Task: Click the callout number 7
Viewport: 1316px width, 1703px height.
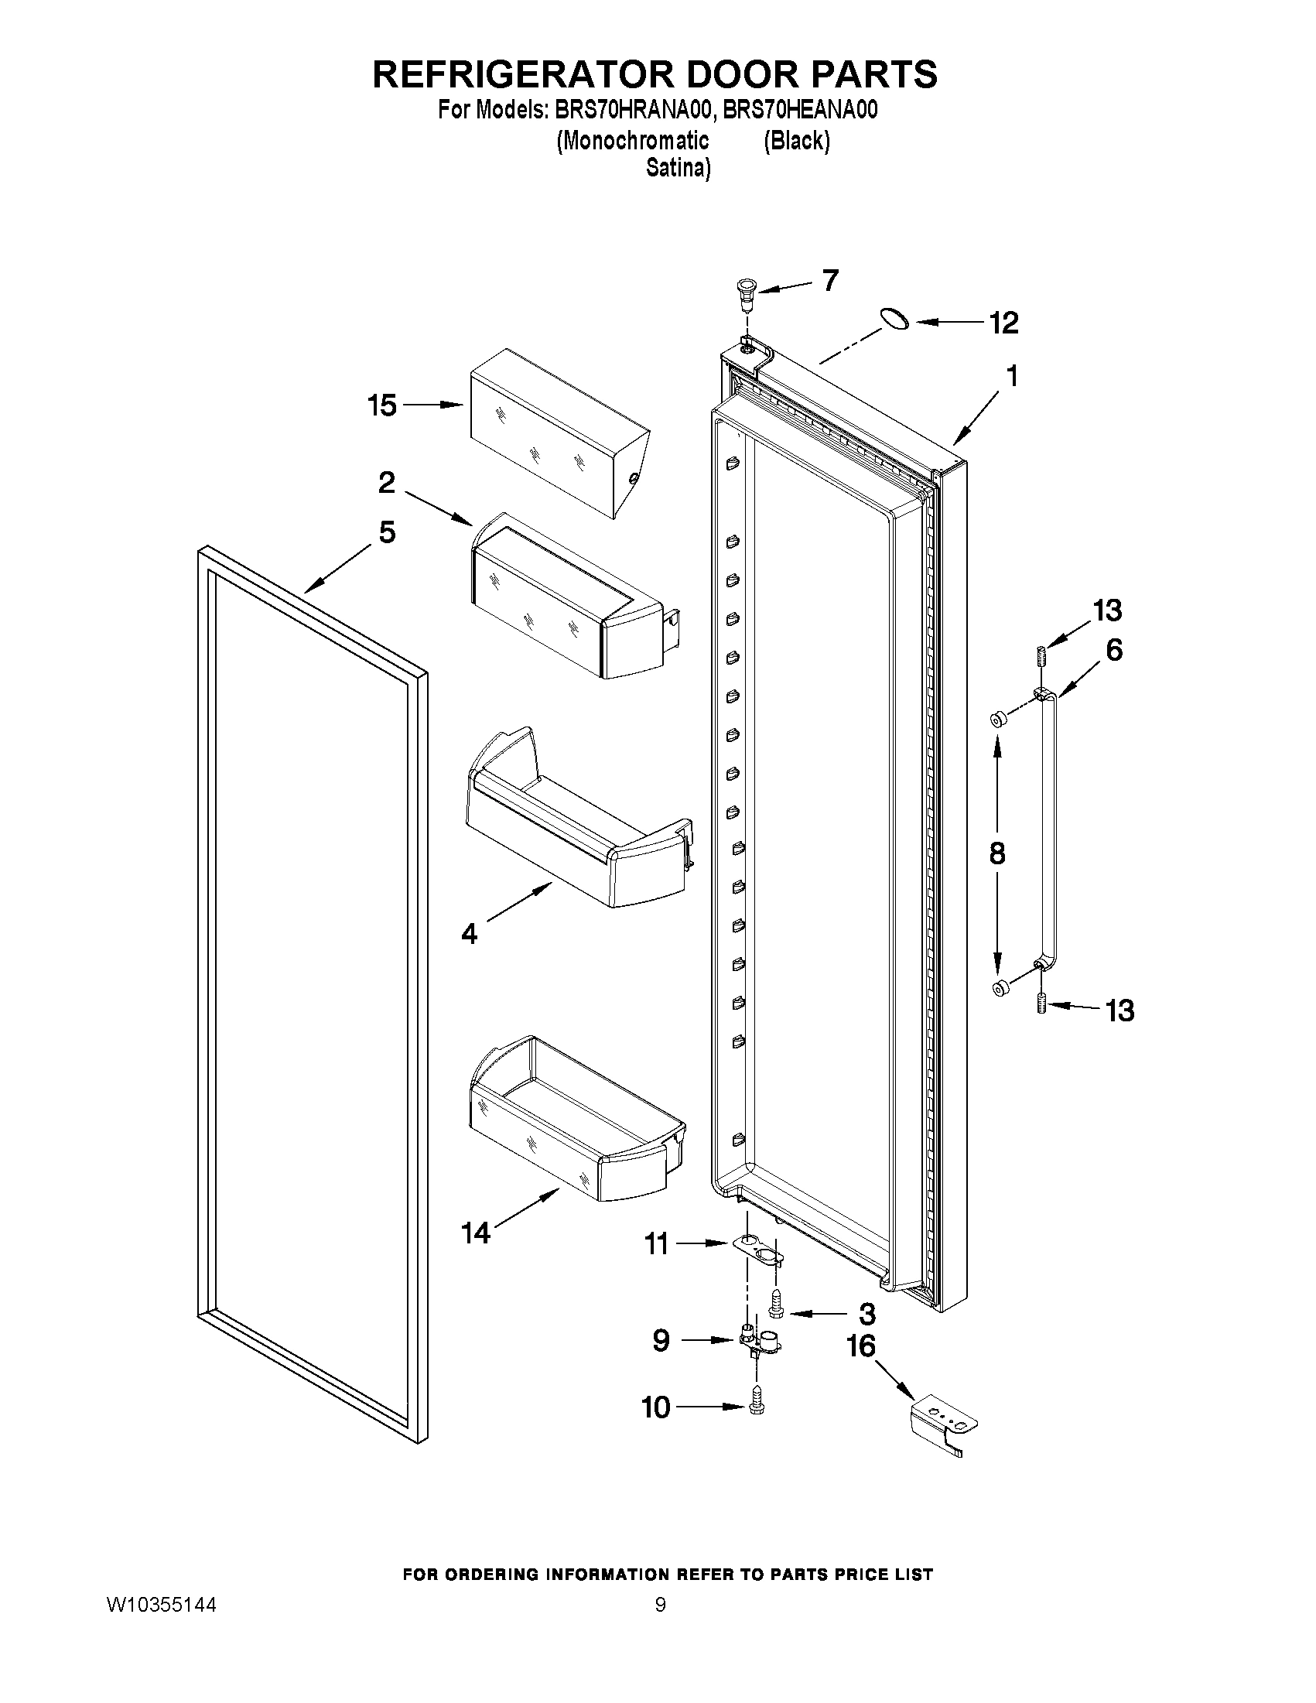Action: point(830,279)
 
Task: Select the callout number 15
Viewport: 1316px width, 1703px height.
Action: point(382,405)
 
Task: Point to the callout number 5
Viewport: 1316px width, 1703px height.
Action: point(387,532)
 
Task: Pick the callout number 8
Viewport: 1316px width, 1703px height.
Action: point(996,854)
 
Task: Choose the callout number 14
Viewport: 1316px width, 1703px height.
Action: point(475,1232)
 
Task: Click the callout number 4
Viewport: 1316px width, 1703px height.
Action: point(469,932)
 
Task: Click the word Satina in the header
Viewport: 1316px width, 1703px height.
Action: point(678,169)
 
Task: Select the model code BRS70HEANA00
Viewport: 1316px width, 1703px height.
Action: point(800,110)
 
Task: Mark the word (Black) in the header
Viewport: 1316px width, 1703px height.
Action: point(796,140)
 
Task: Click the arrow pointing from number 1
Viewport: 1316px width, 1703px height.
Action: point(977,419)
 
